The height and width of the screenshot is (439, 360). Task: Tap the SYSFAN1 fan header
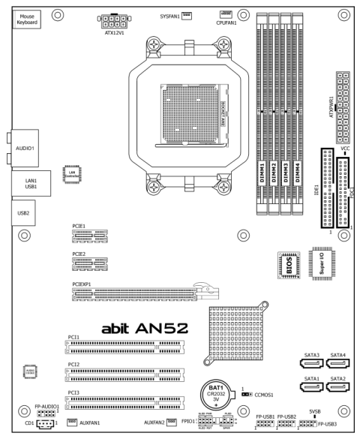coord(187,14)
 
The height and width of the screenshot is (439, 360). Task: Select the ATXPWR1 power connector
coord(344,105)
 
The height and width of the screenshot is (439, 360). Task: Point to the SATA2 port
coord(337,387)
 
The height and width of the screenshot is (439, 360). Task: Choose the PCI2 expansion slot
coord(127,373)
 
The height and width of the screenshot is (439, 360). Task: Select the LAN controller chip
coord(72,173)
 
